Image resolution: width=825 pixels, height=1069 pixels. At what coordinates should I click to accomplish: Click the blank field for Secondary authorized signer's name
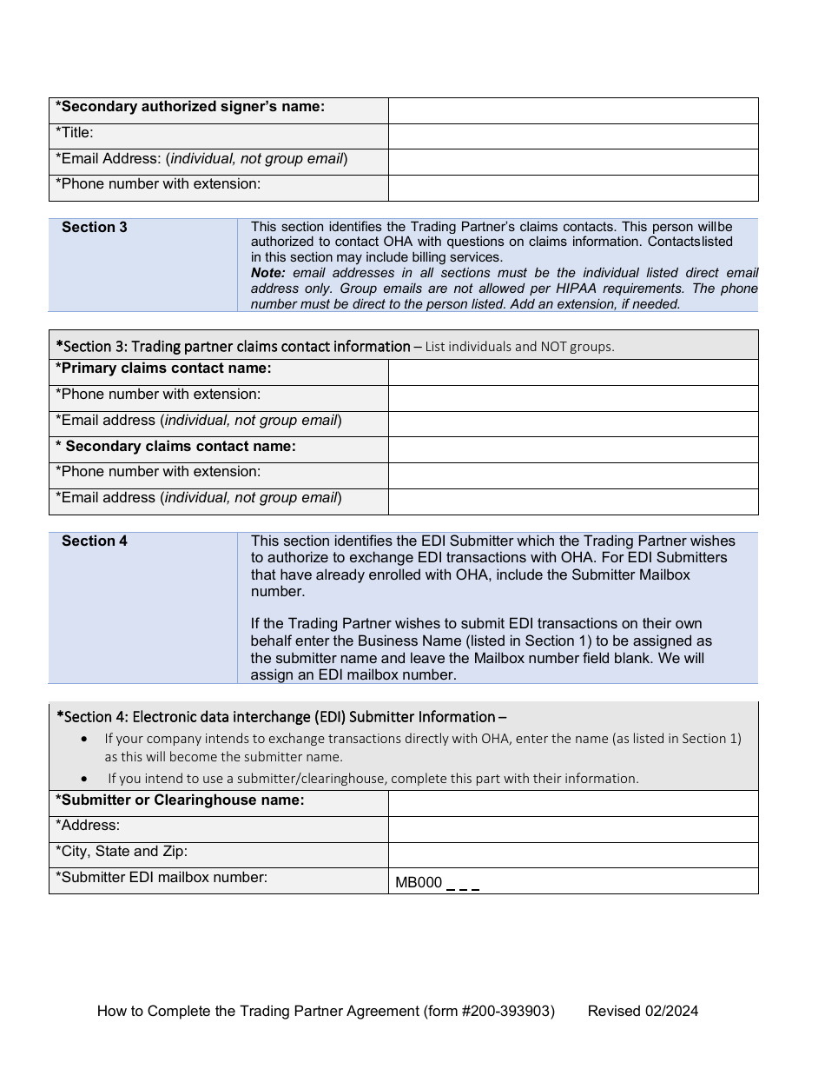[573, 110]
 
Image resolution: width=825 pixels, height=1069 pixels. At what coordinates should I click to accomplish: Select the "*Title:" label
[75, 133]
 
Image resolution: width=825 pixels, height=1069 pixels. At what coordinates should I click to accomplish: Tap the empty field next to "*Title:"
[573, 136]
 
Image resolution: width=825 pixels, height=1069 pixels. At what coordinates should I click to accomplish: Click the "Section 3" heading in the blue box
[95, 228]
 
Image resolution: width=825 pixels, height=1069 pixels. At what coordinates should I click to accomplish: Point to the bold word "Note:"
[267, 273]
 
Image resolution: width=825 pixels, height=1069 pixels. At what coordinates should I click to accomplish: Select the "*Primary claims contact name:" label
[164, 369]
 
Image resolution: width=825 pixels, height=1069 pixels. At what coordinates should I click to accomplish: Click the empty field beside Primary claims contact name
[573, 372]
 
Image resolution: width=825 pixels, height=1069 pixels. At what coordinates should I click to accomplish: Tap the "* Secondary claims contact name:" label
[176, 446]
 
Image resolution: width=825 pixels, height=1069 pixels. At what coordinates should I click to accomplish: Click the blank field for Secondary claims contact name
[573, 449]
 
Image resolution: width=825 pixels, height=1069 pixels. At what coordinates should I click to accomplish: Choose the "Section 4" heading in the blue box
[95, 541]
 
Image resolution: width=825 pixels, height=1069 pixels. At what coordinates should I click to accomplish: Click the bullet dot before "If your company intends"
[83, 739]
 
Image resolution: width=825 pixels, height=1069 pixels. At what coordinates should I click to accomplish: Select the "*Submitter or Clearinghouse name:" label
[181, 800]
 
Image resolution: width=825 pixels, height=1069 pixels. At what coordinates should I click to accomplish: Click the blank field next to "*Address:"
[573, 829]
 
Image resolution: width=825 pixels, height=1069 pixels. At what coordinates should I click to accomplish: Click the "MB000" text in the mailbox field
[419, 884]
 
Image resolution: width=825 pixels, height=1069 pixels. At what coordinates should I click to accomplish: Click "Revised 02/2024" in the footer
[643, 1011]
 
